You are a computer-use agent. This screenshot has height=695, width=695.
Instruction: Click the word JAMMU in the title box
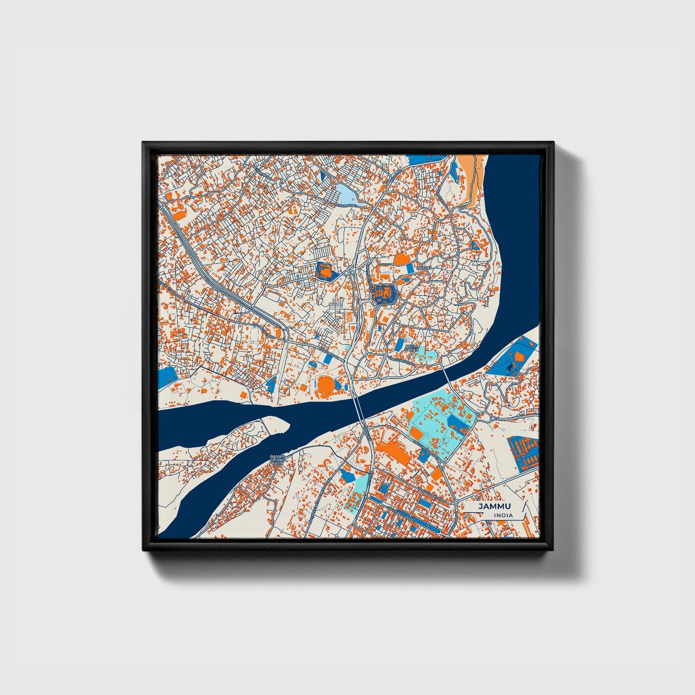(494, 506)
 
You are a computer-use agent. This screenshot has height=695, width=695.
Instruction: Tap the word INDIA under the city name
(503, 516)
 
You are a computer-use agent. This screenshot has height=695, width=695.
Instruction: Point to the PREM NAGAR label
(412, 348)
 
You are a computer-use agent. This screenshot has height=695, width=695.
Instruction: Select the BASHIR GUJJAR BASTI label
(278, 459)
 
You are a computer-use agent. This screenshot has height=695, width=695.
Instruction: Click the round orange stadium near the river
(325, 384)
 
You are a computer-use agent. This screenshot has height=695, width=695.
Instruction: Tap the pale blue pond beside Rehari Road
(345, 194)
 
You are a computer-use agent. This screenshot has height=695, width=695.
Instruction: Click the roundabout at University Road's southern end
(441, 464)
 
